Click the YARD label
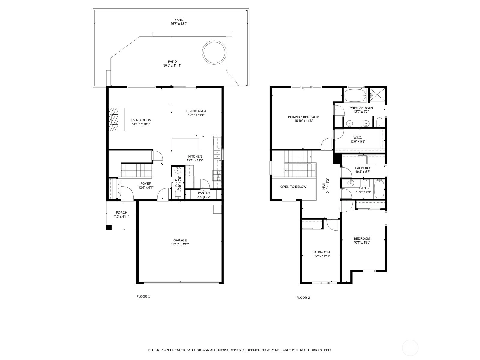click(179, 20)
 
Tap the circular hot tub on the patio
click(214, 52)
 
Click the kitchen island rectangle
click(186, 144)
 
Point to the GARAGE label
click(180, 240)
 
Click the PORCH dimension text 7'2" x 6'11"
click(121, 217)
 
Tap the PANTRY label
click(204, 193)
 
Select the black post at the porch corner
click(109, 227)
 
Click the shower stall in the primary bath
click(377, 95)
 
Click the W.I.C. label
click(358, 137)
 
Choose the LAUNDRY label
click(363, 168)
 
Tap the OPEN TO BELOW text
click(293, 187)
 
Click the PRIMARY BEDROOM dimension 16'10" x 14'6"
click(304, 121)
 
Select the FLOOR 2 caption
click(303, 298)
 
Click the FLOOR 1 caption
click(143, 297)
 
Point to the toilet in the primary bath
click(379, 122)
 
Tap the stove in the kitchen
click(217, 176)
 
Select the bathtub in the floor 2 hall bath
click(379, 189)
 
